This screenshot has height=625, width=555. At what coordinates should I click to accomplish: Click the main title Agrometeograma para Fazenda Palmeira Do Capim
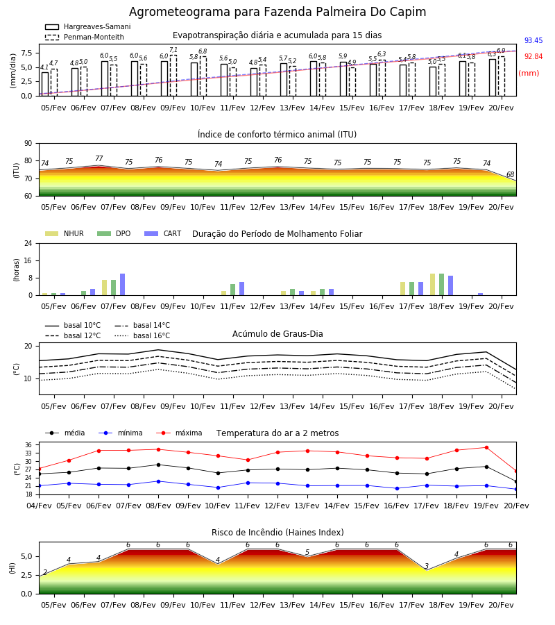pos(277,12)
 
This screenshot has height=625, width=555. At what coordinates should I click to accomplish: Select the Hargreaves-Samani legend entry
pos(87,26)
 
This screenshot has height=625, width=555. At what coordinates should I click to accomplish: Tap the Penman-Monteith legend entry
pos(85,37)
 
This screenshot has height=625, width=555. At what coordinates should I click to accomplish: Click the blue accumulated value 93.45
pos(533,40)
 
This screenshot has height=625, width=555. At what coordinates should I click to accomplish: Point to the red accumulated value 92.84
pos(533,56)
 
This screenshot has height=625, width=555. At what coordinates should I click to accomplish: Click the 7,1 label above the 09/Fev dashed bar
pos(173,50)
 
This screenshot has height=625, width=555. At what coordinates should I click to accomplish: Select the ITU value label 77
pos(99,158)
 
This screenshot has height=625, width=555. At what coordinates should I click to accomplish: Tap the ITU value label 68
pos(510,174)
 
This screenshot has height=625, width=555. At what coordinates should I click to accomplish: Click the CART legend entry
pos(163,233)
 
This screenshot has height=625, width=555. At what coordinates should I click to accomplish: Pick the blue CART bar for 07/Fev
pos(122,284)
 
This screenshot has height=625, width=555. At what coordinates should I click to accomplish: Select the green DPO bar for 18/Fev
pos(441,284)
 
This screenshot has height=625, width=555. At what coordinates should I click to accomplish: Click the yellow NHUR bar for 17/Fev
pos(402,289)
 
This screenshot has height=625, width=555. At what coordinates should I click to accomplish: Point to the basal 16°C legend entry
pos(142,335)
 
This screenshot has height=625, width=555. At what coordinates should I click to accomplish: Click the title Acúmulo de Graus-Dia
pos(277,334)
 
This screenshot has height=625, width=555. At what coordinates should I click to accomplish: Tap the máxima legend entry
pos(179,433)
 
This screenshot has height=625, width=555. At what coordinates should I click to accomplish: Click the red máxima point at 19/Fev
pos(486,448)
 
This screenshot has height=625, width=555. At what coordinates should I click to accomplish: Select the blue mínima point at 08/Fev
pos(158,481)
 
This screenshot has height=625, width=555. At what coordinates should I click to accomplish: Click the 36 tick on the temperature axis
pos(28,445)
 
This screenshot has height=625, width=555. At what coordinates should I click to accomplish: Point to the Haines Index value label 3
pos(427,566)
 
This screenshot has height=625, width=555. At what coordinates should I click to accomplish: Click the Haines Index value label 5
pos(307,552)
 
